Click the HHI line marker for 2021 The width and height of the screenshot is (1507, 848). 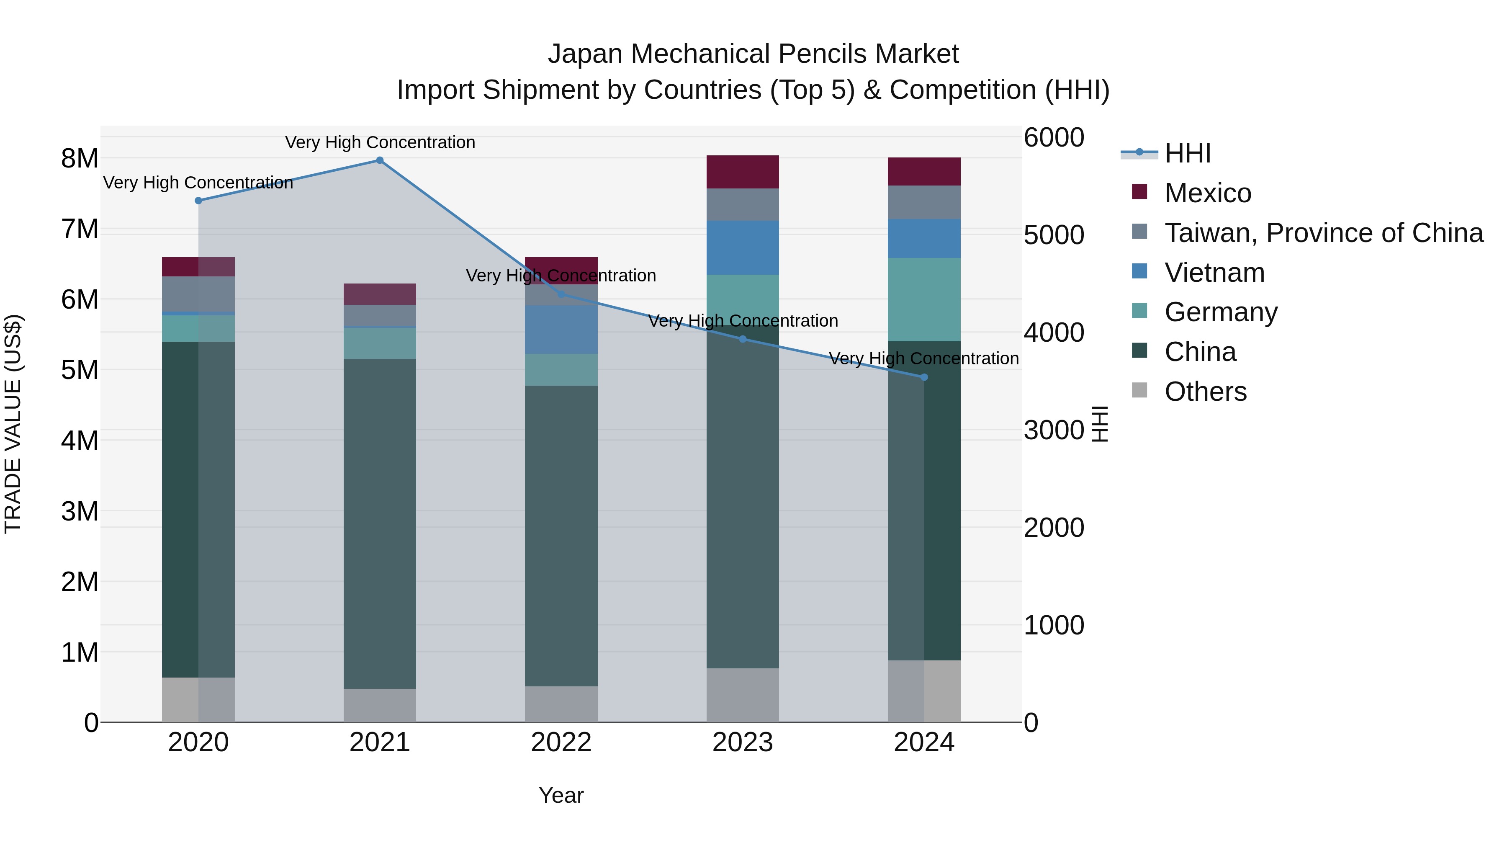tap(380, 160)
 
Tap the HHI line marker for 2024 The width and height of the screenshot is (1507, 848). tap(924, 377)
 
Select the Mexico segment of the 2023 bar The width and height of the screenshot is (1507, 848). tap(742, 172)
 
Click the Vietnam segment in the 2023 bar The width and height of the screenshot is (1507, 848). tap(742, 247)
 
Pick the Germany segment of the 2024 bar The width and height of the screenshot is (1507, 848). tap(924, 299)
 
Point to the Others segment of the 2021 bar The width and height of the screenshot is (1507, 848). tap(380, 705)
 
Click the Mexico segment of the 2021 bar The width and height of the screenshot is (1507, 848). tap(380, 294)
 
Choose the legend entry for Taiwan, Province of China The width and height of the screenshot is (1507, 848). tap(1323, 233)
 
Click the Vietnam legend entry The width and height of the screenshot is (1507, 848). tap(1214, 273)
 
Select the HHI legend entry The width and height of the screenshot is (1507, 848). tap(1187, 153)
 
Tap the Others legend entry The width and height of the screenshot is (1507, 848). tap(1205, 392)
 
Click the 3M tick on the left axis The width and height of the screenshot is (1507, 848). tap(80, 511)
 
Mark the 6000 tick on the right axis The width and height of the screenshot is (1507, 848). tap(1054, 138)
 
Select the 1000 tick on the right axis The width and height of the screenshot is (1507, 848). tap(1054, 625)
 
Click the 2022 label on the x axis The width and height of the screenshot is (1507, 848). tap(561, 742)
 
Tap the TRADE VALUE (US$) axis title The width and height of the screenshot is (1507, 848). tap(13, 424)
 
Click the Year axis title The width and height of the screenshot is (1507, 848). tap(561, 795)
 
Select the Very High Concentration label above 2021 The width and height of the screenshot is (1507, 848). tap(380, 142)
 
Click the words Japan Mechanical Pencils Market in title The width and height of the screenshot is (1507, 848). tap(753, 54)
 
